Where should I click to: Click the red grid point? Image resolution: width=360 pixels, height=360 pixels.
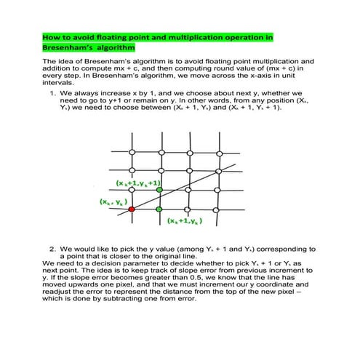tap(132, 209)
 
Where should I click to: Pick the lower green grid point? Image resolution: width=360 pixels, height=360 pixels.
tap(159, 209)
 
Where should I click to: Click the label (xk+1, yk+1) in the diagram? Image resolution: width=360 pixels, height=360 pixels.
tap(138, 183)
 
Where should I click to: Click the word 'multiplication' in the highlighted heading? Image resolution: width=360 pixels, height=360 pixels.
tap(201, 36)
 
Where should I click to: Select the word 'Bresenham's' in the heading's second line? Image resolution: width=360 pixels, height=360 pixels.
tap(61, 47)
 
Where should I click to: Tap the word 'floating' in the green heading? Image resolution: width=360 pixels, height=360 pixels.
tap(128, 36)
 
